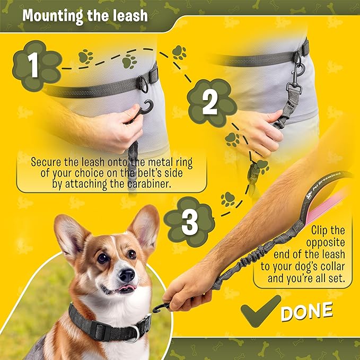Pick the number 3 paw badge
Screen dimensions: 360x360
(x=189, y=222)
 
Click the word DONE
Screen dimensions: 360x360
(x=307, y=311)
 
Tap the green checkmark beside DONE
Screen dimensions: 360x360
(x=260, y=310)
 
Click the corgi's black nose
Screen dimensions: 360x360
(x=126, y=275)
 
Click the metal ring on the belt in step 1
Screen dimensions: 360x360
(x=143, y=84)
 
